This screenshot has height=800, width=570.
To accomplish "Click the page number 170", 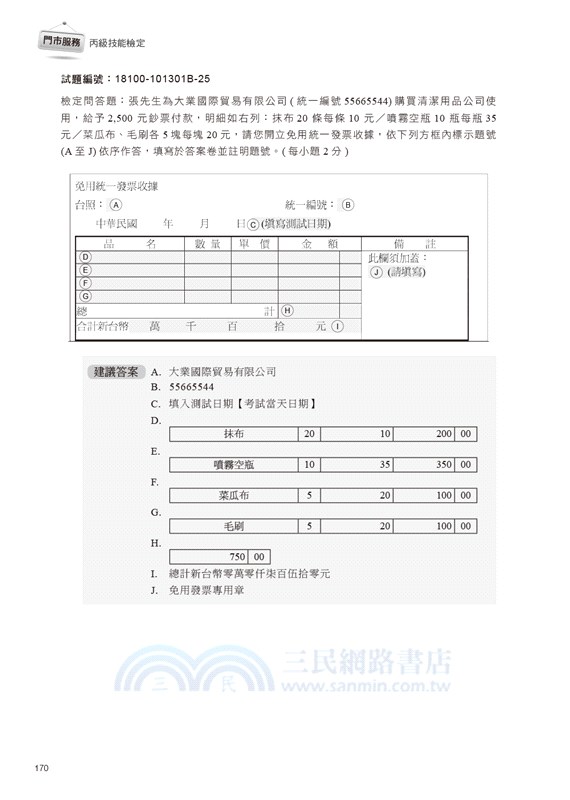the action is (42, 767).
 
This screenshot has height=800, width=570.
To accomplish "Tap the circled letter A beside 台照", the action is (116, 205).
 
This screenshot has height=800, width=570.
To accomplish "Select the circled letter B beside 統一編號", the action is (348, 205).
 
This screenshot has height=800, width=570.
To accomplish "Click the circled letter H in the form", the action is (287, 311).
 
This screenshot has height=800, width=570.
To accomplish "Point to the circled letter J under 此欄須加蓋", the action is (376, 271).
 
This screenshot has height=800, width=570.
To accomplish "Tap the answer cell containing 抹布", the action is (234, 435).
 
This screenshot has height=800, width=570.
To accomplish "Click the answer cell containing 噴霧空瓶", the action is (234, 465).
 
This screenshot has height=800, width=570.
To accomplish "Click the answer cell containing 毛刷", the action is (234, 526).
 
